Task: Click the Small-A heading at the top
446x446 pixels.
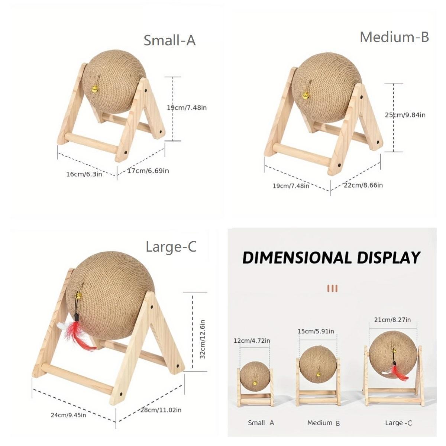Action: [x=169, y=41]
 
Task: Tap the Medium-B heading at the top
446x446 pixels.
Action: [x=394, y=37]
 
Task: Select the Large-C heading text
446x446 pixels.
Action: [x=171, y=246]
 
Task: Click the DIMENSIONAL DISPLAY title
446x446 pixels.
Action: [x=331, y=258]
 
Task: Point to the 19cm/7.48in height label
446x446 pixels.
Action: [x=187, y=108]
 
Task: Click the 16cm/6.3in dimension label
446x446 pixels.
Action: [x=84, y=174]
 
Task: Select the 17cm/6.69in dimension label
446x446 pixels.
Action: [x=148, y=171]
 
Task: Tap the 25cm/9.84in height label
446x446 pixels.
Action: [x=405, y=115]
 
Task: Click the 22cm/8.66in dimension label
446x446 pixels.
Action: [x=363, y=185]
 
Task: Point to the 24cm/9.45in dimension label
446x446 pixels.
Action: [x=68, y=415]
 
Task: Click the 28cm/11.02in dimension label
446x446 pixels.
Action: [x=161, y=410]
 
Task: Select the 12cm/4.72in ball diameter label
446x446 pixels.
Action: [x=252, y=340]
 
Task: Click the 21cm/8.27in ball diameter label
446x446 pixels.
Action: [x=392, y=320]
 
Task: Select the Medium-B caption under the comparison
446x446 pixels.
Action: [x=323, y=423]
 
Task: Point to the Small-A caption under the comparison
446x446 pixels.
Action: [x=261, y=423]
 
